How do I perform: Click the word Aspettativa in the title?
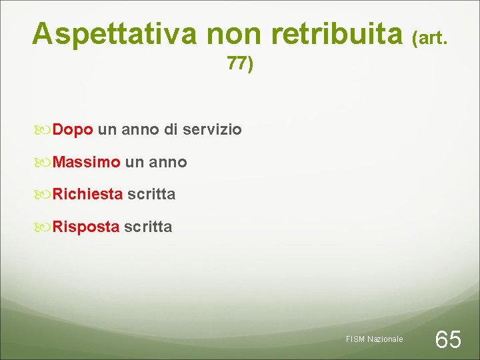[x=115, y=33]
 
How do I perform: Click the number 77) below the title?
[x=240, y=64]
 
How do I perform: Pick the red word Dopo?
[x=73, y=129]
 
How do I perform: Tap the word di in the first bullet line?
[x=170, y=129]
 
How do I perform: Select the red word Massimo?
[x=87, y=162]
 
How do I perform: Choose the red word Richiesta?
[x=87, y=194]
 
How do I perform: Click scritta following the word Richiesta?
[x=151, y=194]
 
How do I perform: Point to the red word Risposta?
[x=86, y=227]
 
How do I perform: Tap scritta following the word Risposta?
[x=148, y=227]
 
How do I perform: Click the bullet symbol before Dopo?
[x=44, y=129]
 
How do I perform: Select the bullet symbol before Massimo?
[x=44, y=162]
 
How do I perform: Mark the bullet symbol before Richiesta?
[x=44, y=195]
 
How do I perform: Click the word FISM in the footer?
[x=355, y=339]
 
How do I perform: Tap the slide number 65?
[x=447, y=339]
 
